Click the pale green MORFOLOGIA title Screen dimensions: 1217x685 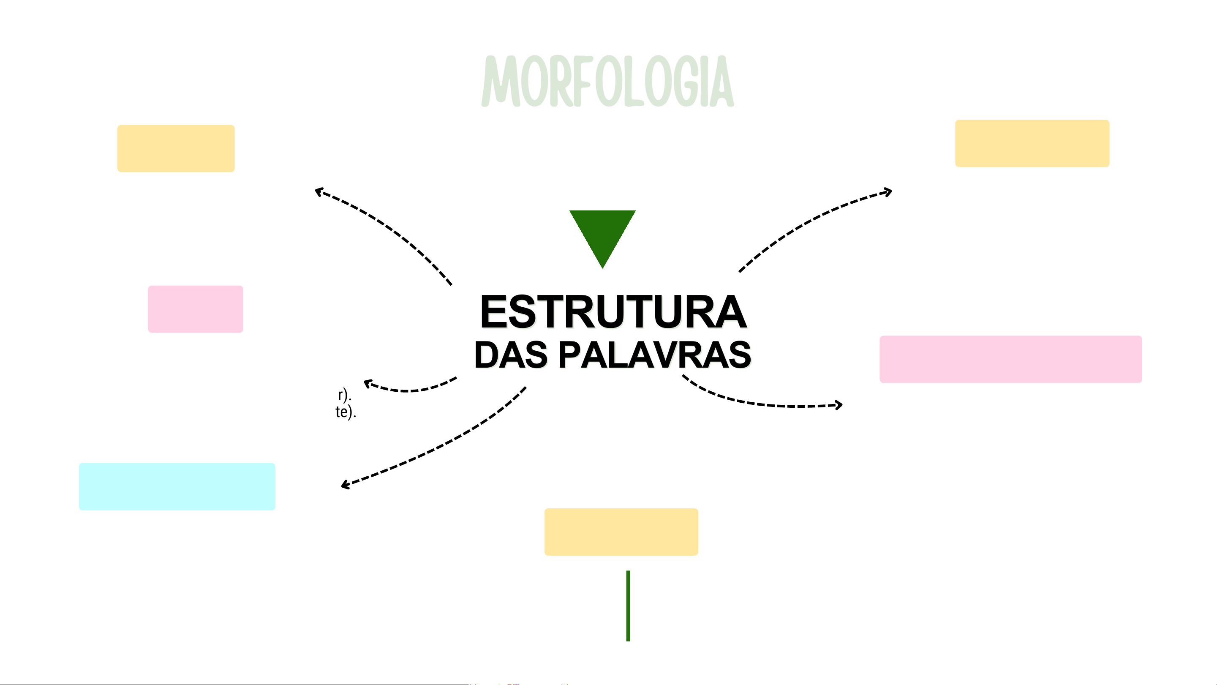(x=607, y=81)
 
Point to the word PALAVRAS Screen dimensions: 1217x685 (x=655, y=355)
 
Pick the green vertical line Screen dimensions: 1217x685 (x=628, y=606)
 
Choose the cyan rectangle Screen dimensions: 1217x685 (x=177, y=486)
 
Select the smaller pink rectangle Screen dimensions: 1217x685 (x=196, y=309)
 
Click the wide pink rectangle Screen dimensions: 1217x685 (x=1010, y=359)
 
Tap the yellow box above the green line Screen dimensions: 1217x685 (x=621, y=532)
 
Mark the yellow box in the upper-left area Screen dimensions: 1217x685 (x=176, y=148)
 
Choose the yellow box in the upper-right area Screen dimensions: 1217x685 (x=1032, y=143)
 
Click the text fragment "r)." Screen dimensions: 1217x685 (x=344, y=394)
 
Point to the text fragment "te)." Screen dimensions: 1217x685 (x=346, y=412)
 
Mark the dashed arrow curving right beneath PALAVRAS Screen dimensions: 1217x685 (x=761, y=402)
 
